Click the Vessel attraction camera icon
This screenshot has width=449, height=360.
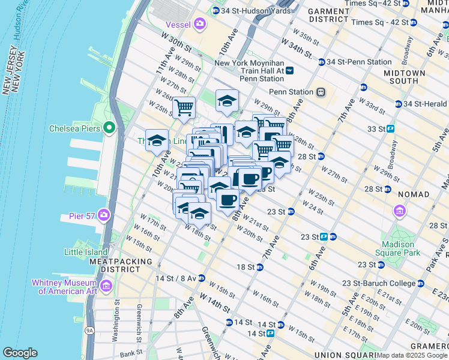pos(200,24)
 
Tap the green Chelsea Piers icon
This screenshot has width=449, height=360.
pos(109,127)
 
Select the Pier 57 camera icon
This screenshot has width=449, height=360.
pos(104,214)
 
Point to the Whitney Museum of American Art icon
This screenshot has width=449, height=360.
pos(106,287)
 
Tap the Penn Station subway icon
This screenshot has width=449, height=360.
pos(321,92)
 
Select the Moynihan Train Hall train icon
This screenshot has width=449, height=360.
pos(290,70)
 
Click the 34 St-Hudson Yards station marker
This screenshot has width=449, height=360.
pos(215,11)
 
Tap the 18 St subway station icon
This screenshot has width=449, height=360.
pos(260,266)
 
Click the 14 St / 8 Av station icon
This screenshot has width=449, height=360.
pos(202,278)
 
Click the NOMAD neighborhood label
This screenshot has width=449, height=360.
pos(413,194)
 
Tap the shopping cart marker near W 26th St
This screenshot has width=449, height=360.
pos(184,109)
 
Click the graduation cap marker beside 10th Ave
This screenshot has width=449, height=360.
pos(157,141)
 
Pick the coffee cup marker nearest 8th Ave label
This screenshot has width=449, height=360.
pos(227,200)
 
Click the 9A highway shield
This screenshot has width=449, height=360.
pos(89,329)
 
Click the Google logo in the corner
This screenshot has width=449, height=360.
pos(20,352)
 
